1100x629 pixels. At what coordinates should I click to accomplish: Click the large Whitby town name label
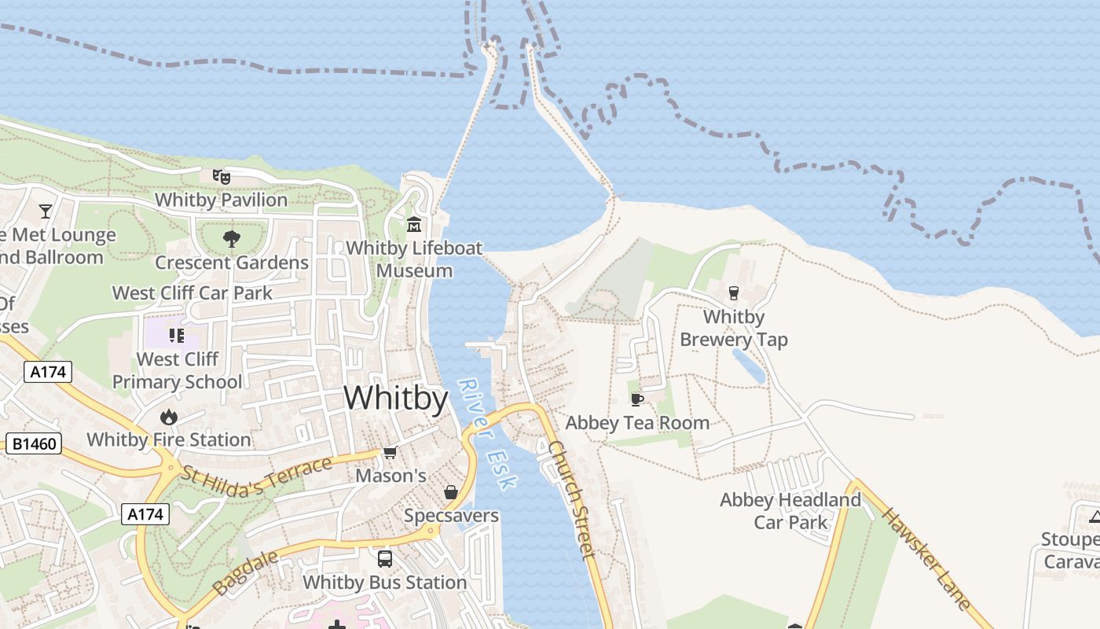coord(396,398)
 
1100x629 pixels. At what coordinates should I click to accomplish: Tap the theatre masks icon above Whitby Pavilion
coord(222,177)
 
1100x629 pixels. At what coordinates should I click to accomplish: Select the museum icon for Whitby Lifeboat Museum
coord(414,225)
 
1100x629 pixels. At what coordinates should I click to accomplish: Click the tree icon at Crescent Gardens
coord(231,238)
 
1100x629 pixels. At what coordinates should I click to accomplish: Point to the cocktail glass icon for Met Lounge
coord(46,211)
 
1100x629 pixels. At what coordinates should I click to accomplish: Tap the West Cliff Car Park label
coord(192,293)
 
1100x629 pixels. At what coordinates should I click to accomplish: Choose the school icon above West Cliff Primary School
coord(177,336)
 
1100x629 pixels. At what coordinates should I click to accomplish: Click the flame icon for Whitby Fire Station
coord(168,417)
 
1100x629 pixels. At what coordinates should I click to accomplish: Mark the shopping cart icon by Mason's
coord(390,453)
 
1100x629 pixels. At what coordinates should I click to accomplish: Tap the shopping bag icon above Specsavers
coord(451,493)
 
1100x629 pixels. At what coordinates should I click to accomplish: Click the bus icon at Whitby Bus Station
coord(385,559)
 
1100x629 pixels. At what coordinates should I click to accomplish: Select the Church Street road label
coord(571,499)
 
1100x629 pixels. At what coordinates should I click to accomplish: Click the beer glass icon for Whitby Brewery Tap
coord(734,293)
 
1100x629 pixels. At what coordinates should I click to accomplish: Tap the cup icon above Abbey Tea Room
coord(637,399)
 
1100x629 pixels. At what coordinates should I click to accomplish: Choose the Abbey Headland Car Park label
coord(790,511)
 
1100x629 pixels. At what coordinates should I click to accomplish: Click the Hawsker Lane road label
coord(926,558)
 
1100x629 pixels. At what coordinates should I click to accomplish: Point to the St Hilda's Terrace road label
coord(257,477)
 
